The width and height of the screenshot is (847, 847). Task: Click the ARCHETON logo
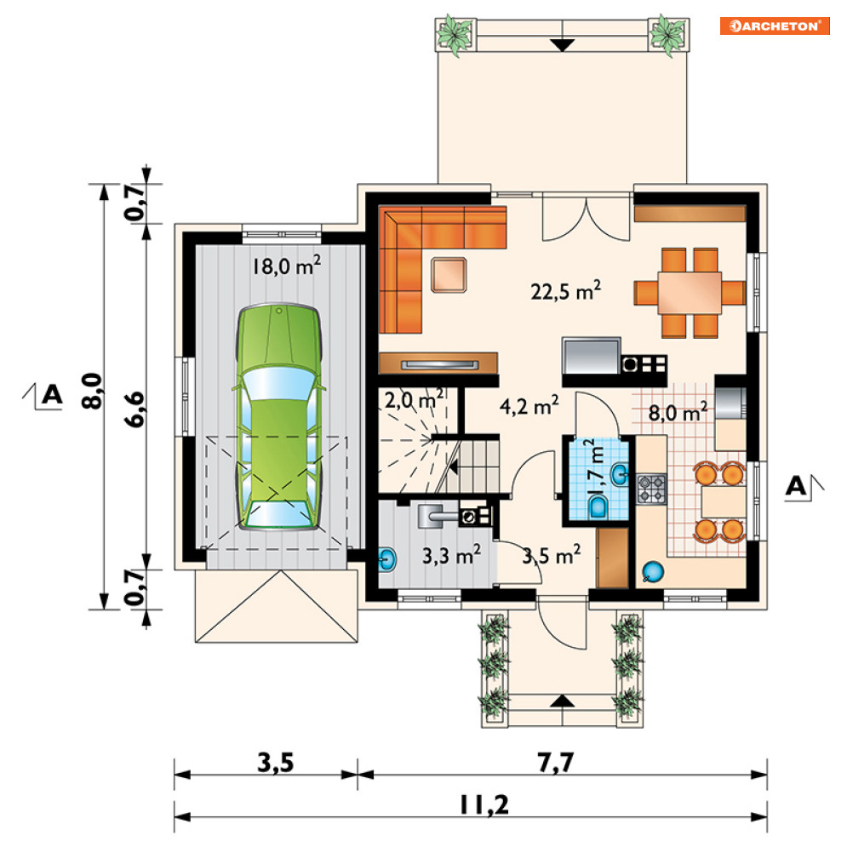pyautogui.click(x=774, y=26)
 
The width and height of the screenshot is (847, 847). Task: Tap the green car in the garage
pyautogui.click(x=278, y=417)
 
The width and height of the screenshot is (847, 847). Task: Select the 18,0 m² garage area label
pyautogui.click(x=286, y=266)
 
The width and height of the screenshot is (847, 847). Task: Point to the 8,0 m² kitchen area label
pyautogui.click(x=678, y=413)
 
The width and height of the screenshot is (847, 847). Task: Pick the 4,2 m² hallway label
pyautogui.click(x=529, y=406)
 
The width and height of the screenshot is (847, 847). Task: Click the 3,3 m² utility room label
pyautogui.click(x=451, y=554)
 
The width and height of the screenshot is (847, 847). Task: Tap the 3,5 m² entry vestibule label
pyautogui.click(x=551, y=555)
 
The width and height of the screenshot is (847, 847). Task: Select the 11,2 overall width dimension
pyautogui.click(x=484, y=805)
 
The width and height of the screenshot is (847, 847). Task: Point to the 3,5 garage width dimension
pyautogui.click(x=276, y=763)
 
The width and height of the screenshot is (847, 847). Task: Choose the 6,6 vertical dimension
pyautogui.click(x=135, y=409)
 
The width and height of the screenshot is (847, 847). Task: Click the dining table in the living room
pyautogui.click(x=690, y=293)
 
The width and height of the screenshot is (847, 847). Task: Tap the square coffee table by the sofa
pyautogui.click(x=449, y=275)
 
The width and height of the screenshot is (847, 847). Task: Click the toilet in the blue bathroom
pyautogui.click(x=598, y=507)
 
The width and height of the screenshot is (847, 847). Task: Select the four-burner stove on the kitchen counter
pyautogui.click(x=651, y=489)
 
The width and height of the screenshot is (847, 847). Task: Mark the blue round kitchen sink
pyautogui.click(x=653, y=572)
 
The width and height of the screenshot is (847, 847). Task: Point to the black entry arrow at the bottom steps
pyautogui.click(x=563, y=701)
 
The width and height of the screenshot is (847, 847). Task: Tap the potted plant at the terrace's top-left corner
pyautogui.click(x=455, y=34)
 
